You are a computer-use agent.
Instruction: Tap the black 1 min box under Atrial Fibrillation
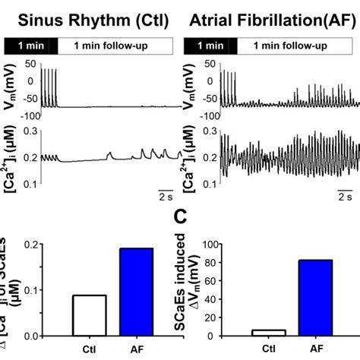221,46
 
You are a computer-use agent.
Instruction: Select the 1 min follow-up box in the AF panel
296,46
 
